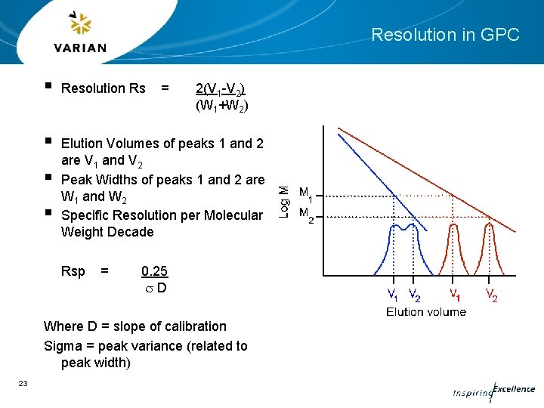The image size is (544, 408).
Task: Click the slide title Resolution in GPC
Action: click(x=445, y=35)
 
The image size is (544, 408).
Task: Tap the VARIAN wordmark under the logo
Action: click(x=79, y=48)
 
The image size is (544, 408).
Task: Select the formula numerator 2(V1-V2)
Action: click(x=220, y=88)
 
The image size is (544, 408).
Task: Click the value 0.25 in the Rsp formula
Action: click(x=154, y=271)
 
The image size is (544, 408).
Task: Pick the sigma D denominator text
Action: click(x=156, y=289)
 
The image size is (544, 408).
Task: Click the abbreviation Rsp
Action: click(x=73, y=271)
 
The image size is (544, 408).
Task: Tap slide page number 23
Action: click(x=23, y=384)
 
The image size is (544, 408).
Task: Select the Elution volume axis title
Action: click(x=426, y=311)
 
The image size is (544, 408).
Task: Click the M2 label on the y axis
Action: click(x=307, y=214)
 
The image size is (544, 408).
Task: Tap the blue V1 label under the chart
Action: click(x=394, y=293)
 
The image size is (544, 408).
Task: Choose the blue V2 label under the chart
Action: click(x=413, y=293)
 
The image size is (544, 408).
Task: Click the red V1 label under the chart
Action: click(x=456, y=293)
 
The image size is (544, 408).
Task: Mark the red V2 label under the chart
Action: click(x=491, y=293)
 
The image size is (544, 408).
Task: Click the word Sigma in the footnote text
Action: click(x=62, y=346)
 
